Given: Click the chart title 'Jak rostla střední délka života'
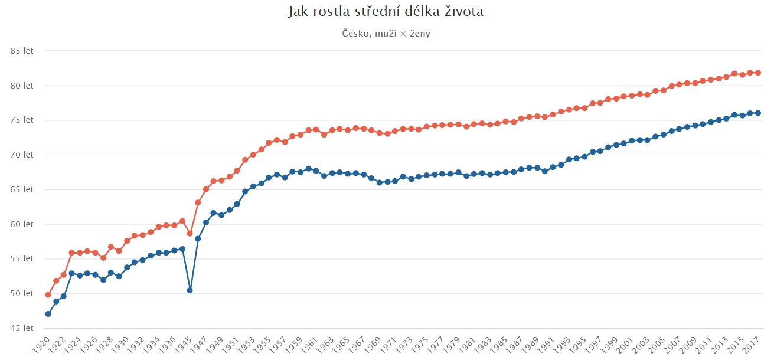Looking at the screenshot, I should coord(386,12).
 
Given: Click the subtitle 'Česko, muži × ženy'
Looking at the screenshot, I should coord(386,34).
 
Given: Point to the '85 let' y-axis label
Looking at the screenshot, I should coord(22,51).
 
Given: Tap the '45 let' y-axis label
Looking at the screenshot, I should coord(22,328).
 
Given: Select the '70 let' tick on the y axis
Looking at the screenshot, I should coord(22,155).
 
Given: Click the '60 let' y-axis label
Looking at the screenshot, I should coord(22,224).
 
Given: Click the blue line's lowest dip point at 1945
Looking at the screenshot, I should coord(190,290).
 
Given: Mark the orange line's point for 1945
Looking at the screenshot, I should coord(190,234).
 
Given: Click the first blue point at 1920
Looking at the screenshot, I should coord(48,314).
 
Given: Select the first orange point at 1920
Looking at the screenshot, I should coord(48,294).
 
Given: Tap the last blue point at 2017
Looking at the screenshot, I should coord(757,113).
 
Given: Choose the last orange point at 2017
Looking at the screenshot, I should coord(757,73).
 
